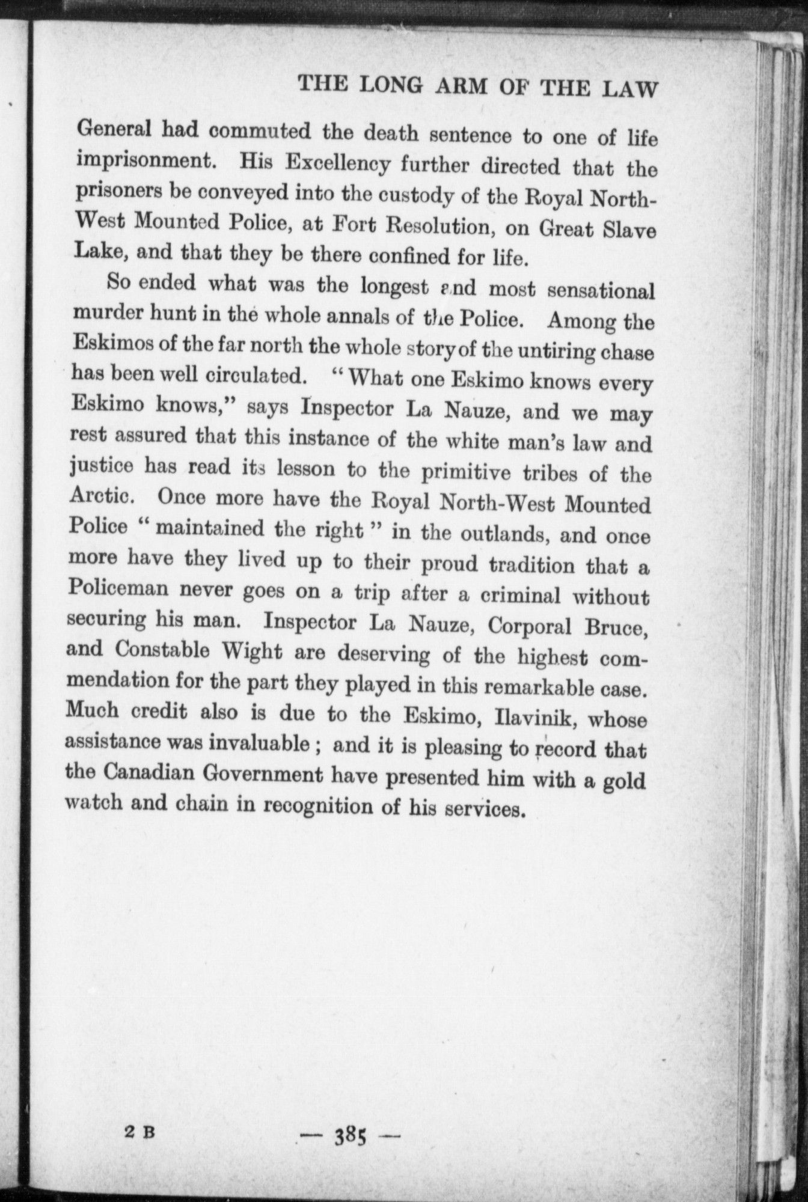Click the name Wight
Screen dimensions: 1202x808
(x=265, y=651)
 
